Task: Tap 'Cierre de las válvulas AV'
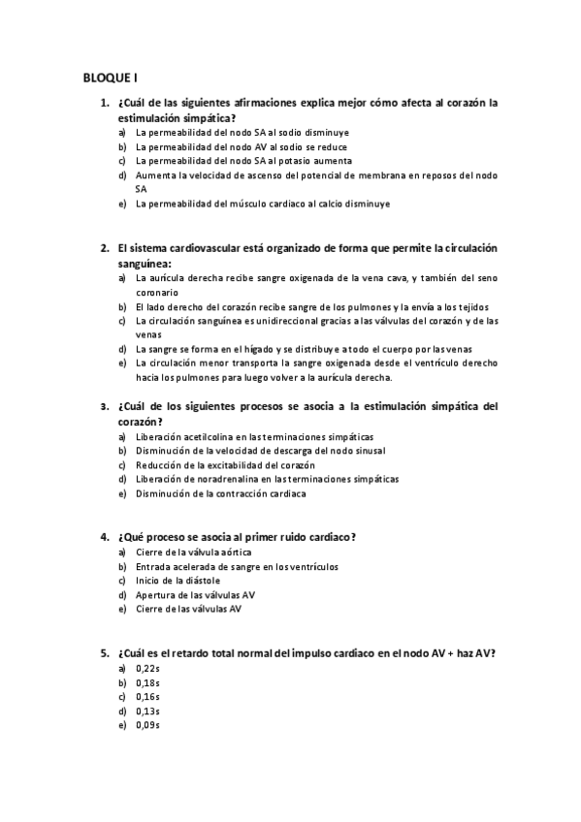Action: point(189,609)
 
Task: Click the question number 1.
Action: point(104,101)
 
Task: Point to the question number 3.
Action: point(104,406)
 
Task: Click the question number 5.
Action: point(104,652)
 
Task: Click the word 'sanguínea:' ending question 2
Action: point(145,263)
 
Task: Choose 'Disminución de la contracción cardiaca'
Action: point(221,493)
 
